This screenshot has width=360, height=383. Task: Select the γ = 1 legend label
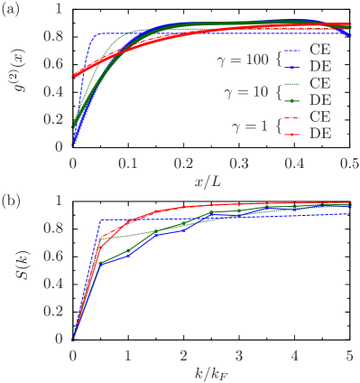tap(249, 126)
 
